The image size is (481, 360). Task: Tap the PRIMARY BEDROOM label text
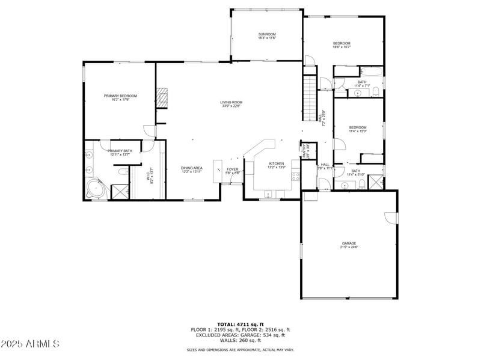coord(120,96)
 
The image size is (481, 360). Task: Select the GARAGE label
coord(349,243)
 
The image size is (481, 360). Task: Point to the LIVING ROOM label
coord(230,103)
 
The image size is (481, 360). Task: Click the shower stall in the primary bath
coord(119,192)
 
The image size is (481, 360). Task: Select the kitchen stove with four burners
coord(295,177)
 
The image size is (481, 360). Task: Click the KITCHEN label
coord(276,163)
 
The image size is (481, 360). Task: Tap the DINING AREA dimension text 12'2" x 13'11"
coord(192,172)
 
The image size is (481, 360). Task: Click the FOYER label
coord(233,169)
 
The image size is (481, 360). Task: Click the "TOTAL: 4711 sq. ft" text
coord(240,324)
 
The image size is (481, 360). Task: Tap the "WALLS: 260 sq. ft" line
coord(240,340)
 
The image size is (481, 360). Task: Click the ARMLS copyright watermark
coord(30,344)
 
